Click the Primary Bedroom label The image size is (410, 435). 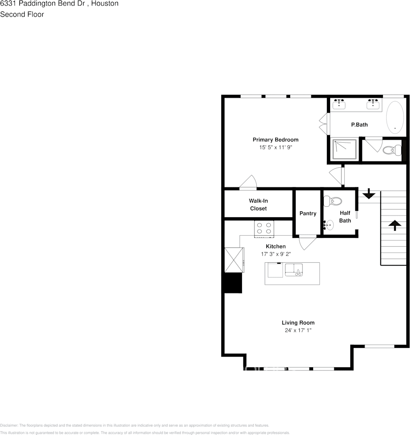[x=275, y=140]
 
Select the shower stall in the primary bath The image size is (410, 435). [x=344, y=149]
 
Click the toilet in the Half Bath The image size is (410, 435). [x=333, y=201]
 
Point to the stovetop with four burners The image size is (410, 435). [x=264, y=228]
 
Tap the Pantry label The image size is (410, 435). [x=308, y=214]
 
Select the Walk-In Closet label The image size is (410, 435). [x=258, y=204]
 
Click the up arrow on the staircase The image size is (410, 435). [x=393, y=225]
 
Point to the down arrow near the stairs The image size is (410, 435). [x=368, y=195]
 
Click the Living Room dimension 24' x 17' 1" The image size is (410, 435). [x=298, y=330]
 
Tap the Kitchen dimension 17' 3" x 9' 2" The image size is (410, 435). [x=275, y=253]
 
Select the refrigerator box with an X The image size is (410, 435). [x=234, y=260]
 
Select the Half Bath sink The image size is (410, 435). [x=329, y=225]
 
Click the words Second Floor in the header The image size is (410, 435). [x=22, y=14]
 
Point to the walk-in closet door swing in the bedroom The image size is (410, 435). [x=248, y=182]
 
